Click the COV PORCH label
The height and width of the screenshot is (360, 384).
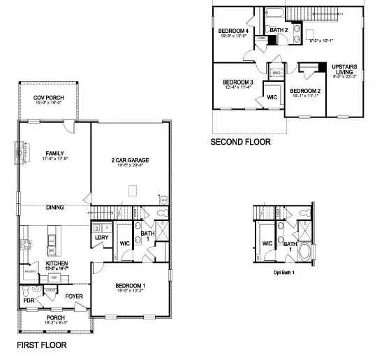click(48, 97)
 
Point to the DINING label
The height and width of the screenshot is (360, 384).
click(55, 208)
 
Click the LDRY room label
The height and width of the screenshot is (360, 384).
click(100, 238)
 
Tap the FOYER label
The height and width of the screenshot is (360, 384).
click(75, 296)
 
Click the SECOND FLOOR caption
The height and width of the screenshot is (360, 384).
click(241, 141)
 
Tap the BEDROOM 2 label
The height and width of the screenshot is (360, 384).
click(305, 92)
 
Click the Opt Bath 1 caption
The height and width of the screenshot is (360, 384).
click(283, 271)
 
